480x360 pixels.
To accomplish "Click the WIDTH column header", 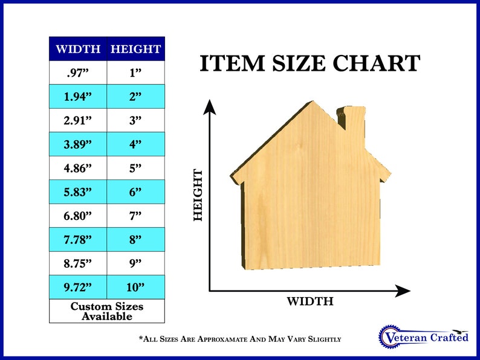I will coord(78,49).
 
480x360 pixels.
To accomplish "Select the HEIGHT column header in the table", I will coord(136,49).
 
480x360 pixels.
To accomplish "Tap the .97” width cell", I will coord(78,72).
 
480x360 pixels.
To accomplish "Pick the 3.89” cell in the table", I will coord(78,144).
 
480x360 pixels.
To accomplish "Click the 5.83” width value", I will coord(78,191).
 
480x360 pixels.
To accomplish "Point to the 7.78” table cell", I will coord(78,239).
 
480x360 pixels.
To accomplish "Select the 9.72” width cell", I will coord(78,287).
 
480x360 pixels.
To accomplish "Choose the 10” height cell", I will coord(136,287).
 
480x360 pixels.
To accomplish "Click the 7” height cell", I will coord(136,215).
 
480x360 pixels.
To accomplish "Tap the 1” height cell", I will coord(136,72).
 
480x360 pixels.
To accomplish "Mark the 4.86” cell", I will coord(78,168).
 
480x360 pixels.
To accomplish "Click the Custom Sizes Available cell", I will coord(107,310).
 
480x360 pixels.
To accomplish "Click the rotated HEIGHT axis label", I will coord(198,195).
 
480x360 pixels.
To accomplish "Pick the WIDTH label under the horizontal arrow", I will coord(310,301).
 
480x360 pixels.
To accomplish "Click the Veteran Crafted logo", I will coord(423,336).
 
